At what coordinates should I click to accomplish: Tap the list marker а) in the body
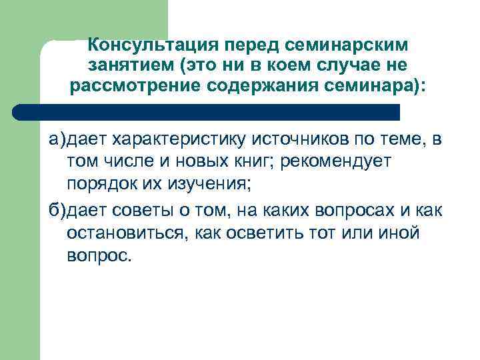pyautogui.click(x=56, y=141)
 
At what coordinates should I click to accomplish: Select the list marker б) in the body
pyautogui.click(x=56, y=211)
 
